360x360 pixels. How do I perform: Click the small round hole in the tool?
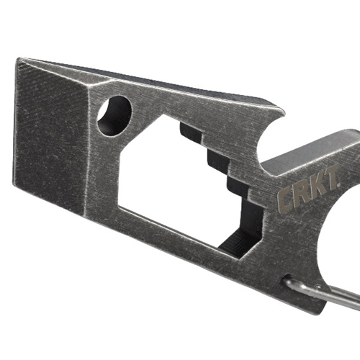click(114, 114)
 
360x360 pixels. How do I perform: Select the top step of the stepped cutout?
click(190, 132)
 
